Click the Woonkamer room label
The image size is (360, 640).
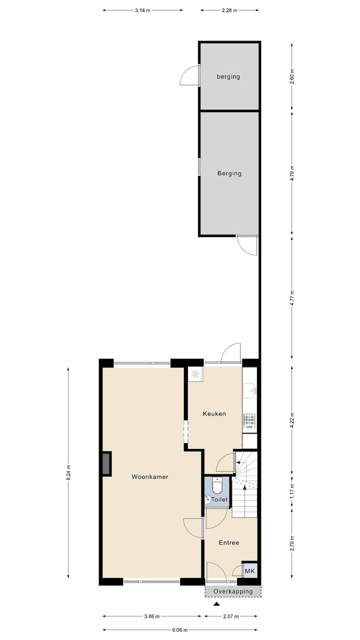click(x=150, y=477)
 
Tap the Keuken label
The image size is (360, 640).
click(x=214, y=414)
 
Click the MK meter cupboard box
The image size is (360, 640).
click(x=248, y=571)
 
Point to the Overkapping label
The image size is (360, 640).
click(x=233, y=591)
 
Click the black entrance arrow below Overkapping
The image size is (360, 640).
click(x=216, y=604)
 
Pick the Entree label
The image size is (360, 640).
click(x=229, y=542)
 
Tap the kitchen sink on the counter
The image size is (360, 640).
click(x=249, y=390)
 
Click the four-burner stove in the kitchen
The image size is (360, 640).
click(x=249, y=420)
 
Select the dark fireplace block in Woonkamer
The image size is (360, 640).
click(x=107, y=463)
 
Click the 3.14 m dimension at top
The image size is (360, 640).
click(x=142, y=9)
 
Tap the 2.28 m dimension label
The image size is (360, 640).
click(x=229, y=9)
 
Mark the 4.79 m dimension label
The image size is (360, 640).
click(x=292, y=173)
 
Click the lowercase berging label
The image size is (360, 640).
click(x=228, y=77)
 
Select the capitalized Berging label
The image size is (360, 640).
click(x=229, y=173)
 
